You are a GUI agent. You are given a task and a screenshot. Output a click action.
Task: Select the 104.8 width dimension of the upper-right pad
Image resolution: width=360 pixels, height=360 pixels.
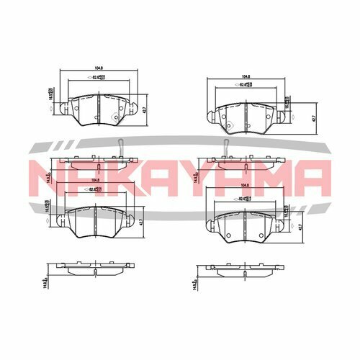click(x=246, y=76)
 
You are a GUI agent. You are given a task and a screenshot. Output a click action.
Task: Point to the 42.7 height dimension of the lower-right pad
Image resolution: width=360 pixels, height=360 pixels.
click(x=297, y=225)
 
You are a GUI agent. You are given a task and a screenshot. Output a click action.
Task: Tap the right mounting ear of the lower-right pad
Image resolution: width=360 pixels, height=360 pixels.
click(x=284, y=225)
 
